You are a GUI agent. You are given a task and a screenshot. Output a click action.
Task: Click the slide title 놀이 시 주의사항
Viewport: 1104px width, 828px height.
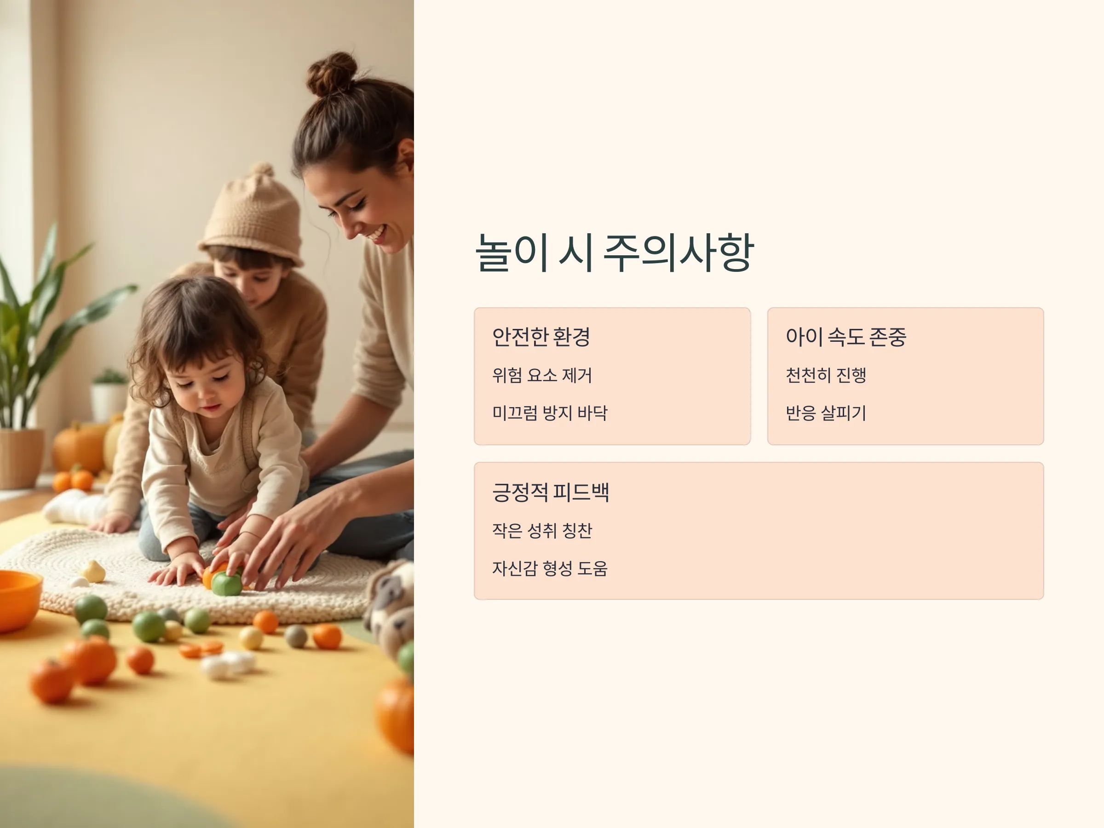click(x=615, y=253)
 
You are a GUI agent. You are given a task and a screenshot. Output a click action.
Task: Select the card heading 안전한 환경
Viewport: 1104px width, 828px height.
click(x=541, y=337)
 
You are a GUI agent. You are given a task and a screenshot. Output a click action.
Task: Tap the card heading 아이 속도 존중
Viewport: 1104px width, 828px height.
click(x=846, y=337)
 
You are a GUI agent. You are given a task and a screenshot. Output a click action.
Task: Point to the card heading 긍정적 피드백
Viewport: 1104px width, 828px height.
click(x=551, y=492)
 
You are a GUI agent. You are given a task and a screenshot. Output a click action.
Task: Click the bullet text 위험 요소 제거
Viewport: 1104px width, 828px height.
click(x=542, y=375)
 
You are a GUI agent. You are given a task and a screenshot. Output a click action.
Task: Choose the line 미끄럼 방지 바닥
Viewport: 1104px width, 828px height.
click(x=550, y=413)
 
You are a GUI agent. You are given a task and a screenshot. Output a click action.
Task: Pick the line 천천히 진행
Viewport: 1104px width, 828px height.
click(x=826, y=375)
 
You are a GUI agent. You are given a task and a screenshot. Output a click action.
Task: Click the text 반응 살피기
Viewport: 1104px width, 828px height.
click(x=826, y=413)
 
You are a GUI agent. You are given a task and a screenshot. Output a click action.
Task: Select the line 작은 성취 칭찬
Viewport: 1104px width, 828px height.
click(x=542, y=530)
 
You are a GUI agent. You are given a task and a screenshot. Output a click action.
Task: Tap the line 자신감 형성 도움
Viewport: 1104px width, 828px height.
click(x=550, y=569)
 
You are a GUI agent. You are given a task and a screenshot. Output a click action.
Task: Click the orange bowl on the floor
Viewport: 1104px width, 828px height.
click(x=19, y=599)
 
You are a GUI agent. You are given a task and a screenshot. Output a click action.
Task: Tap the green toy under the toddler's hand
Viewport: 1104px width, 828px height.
click(x=227, y=583)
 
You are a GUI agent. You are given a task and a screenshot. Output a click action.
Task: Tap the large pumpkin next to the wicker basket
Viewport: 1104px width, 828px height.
click(x=80, y=447)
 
